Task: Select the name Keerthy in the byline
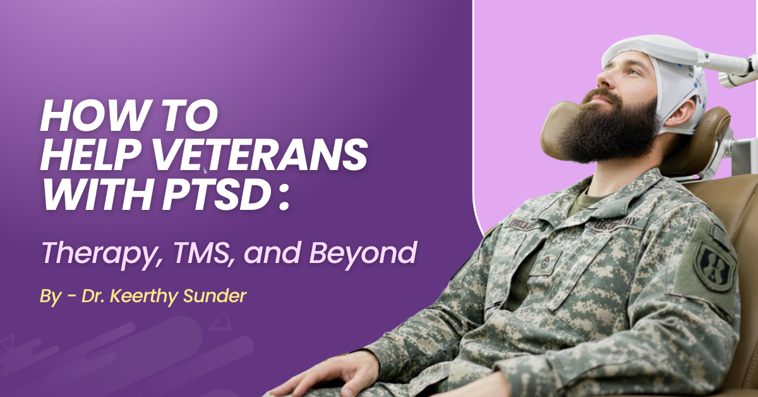coord(148,295)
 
